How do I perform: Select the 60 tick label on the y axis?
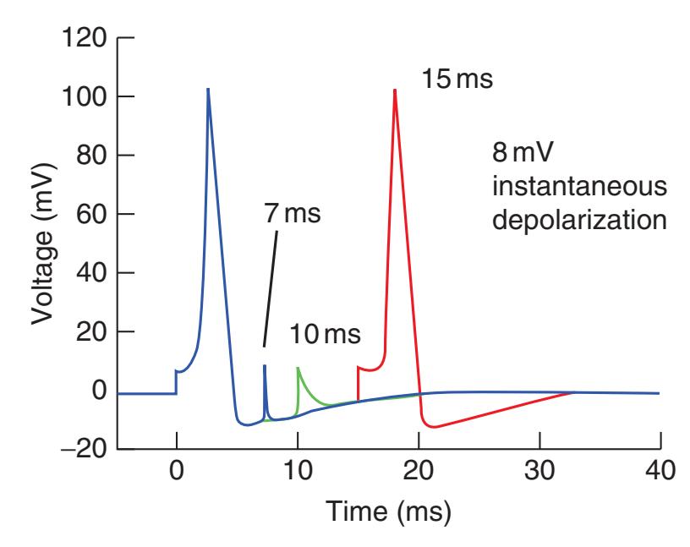94,215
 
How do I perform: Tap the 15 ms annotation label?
457,82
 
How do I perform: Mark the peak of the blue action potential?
208,89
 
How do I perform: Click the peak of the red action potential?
394,90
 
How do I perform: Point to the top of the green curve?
298,368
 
